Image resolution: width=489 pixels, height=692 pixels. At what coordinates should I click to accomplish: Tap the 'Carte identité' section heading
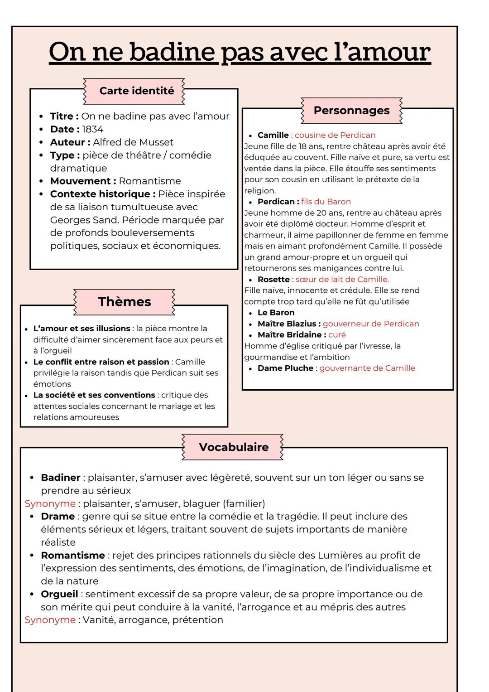tap(136, 91)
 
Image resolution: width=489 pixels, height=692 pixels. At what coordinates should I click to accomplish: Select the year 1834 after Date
tap(93, 129)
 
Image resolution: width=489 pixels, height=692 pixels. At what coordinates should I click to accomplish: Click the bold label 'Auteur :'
tap(70, 142)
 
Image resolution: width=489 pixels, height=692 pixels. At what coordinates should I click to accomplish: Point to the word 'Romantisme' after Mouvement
tap(150, 181)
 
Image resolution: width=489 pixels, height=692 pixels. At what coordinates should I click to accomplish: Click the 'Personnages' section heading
tap(351, 111)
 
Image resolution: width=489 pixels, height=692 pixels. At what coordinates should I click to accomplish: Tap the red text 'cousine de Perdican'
tap(335, 135)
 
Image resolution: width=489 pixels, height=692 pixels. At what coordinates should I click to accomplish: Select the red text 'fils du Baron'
tap(326, 202)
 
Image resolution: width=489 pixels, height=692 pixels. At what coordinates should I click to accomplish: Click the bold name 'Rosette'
tap(273, 280)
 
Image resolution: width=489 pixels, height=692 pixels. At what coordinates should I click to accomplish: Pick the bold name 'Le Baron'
tap(276, 313)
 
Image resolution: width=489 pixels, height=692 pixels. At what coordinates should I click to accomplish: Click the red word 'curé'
tap(337, 335)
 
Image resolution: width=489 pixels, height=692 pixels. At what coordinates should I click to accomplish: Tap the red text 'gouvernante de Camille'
tap(367, 368)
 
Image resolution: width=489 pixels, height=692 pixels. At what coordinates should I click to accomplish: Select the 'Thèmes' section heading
tap(125, 302)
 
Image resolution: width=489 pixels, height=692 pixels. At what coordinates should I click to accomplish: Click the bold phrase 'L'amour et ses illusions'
tap(82, 329)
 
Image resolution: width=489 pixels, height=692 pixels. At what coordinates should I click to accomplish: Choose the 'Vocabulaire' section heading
tap(234, 447)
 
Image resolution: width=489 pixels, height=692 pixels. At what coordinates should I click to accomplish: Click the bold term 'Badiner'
tap(61, 478)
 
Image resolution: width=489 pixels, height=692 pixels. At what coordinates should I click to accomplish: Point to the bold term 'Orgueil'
tap(59, 594)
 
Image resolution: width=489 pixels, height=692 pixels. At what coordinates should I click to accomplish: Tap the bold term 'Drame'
tap(58, 517)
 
